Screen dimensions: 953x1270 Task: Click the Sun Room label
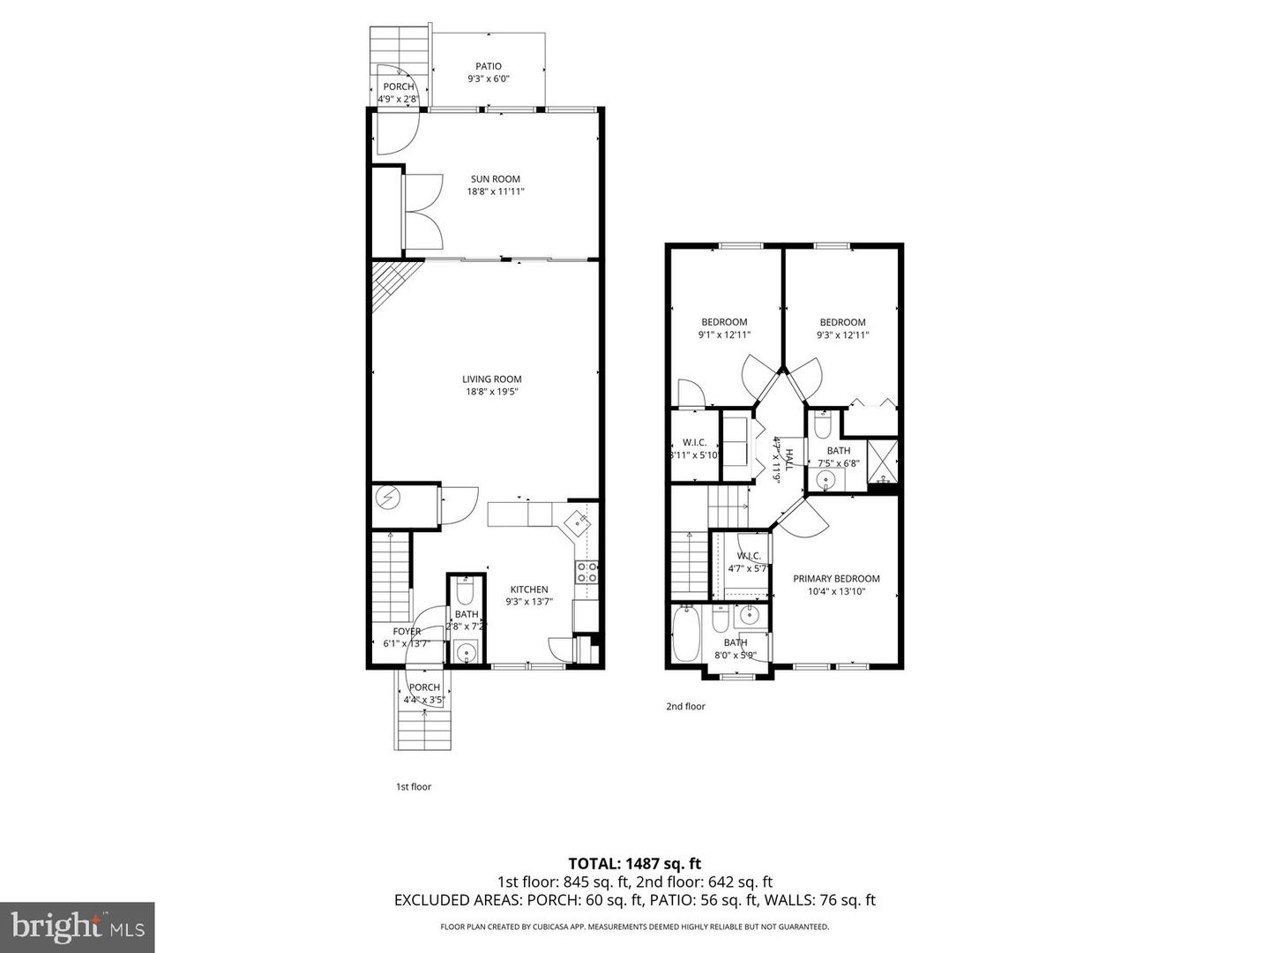click(x=495, y=179)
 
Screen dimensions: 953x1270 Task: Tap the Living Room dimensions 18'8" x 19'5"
click(x=491, y=392)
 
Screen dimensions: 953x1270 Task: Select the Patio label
click(x=489, y=66)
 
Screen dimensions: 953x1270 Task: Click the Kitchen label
click(x=528, y=589)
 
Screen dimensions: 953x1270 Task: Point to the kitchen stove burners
click(x=586, y=573)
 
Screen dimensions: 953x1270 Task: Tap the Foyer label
click(x=407, y=632)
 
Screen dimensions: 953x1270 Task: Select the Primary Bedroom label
click(x=836, y=579)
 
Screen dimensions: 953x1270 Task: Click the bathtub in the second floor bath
click(x=685, y=633)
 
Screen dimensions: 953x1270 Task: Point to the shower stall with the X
click(x=883, y=457)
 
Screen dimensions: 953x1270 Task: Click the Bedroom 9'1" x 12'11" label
click(x=724, y=322)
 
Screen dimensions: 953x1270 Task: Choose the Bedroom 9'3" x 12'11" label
click(x=842, y=322)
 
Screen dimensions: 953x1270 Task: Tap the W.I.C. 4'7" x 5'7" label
click(x=749, y=556)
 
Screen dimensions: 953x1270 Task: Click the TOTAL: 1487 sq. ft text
click(x=634, y=863)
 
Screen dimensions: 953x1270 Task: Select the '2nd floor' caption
click(x=685, y=706)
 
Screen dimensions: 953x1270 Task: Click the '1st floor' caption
click(x=413, y=786)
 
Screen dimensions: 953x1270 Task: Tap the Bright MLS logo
click(x=77, y=927)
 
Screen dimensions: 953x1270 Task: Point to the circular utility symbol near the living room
click(x=387, y=499)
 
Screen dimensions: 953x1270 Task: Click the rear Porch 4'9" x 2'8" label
click(x=398, y=86)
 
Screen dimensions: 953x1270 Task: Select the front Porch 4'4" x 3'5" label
click(x=424, y=687)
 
